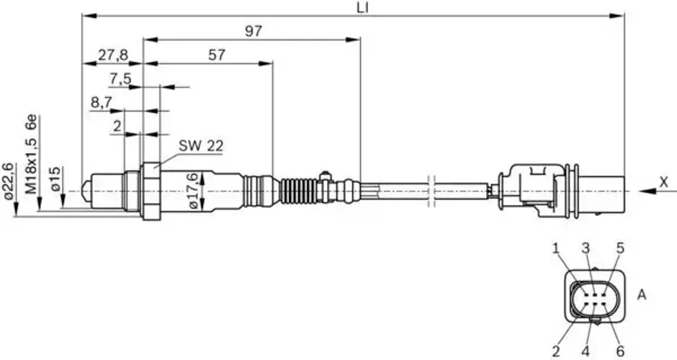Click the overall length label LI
pyautogui.click(x=363, y=7)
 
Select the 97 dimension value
pyautogui.click(x=254, y=31)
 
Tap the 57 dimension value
pyautogui.click(x=217, y=55)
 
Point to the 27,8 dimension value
pyautogui.click(x=113, y=55)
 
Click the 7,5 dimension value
pyautogui.click(x=120, y=79)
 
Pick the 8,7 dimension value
pyautogui.click(x=101, y=103)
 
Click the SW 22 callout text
pyautogui.click(x=201, y=146)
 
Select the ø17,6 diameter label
pyautogui.click(x=193, y=191)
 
